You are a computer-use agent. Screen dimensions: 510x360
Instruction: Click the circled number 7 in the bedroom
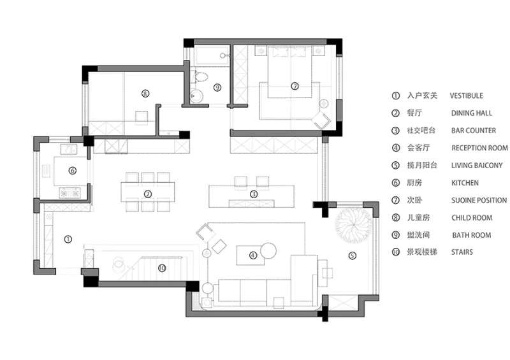(295, 86)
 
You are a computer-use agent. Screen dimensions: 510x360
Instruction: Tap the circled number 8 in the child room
(145, 94)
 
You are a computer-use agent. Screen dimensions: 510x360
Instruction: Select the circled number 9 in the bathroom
(217, 87)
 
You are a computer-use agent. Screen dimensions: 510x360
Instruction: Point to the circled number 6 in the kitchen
(72, 170)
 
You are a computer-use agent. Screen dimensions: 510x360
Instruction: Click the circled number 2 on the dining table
(148, 194)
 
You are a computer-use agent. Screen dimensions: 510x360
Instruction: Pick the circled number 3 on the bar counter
(254, 194)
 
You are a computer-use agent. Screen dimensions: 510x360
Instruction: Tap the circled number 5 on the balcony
(353, 256)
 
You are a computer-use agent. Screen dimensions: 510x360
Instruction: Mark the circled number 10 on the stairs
(162, 268)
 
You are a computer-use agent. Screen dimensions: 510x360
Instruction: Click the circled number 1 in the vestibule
(68, 240)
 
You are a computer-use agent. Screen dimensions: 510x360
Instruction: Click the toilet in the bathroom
(201, 77)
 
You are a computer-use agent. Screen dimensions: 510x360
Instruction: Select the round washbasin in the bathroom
(196, 96)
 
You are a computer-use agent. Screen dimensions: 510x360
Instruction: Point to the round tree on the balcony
(353, 225)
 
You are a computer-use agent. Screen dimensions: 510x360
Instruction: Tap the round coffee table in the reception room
(268, 251)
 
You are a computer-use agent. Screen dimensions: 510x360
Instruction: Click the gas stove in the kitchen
(69, 193)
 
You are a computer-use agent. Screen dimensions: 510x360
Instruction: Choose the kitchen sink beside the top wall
(68, 149)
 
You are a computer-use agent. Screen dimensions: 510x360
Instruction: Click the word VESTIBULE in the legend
(467, 96)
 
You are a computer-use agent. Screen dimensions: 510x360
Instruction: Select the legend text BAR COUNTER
(474, 131)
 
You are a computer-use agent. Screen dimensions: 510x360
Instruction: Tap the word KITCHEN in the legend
(465, 183)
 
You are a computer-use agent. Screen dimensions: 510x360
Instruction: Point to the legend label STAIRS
(462, 252)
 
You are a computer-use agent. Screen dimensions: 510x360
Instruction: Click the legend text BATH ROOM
(472, 235)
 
